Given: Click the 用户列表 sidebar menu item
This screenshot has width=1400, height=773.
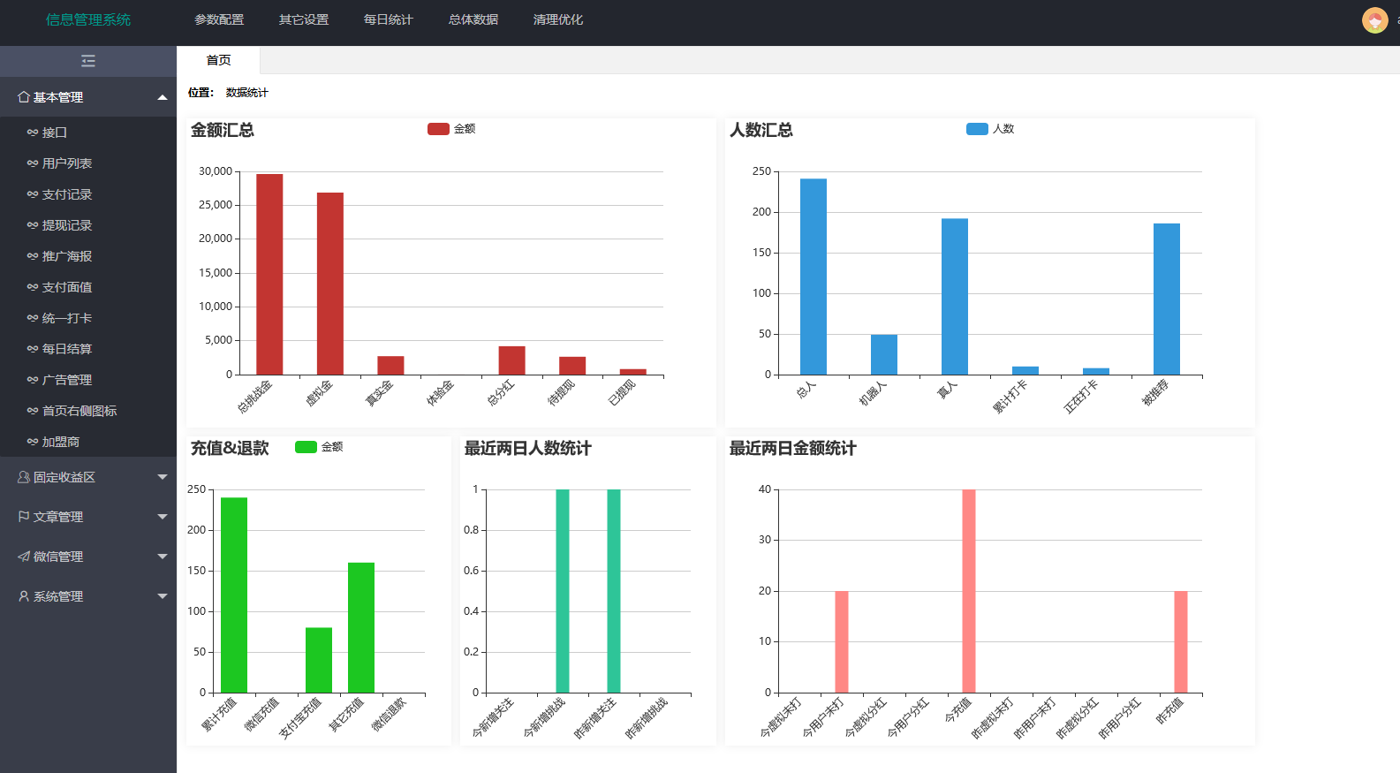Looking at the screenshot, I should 66,163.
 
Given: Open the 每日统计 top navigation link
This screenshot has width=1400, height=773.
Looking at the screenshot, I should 388,19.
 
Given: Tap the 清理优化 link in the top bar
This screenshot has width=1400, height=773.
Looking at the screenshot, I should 557,19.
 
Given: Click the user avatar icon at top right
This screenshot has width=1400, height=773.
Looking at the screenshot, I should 1374,19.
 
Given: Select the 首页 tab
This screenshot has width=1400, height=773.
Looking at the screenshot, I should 218,60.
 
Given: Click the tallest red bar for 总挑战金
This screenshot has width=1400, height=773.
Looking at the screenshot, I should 269,274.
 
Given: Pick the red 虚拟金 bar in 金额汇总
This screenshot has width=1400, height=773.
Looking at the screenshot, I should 330,283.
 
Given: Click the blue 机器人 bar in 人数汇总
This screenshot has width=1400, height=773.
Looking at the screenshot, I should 883,354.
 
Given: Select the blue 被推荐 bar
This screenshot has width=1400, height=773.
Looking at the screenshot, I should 1166,299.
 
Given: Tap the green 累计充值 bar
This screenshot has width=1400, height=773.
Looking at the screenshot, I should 234,595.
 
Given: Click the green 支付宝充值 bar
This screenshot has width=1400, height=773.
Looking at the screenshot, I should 319,660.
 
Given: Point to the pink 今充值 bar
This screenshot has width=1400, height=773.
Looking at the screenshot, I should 969,590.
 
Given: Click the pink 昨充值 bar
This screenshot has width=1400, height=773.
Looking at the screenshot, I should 1180,641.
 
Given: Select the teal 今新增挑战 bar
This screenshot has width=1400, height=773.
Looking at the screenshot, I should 563,590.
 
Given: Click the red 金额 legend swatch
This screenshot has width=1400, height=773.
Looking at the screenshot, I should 438,129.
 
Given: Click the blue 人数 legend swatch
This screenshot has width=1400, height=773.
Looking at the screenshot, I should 977,129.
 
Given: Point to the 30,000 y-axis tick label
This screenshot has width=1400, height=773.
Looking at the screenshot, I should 216,171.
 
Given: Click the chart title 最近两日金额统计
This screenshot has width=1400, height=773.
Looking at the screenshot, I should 792,449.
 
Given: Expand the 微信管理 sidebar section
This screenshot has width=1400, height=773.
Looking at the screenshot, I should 88,557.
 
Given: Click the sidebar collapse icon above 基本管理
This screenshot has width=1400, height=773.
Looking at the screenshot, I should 88,61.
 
